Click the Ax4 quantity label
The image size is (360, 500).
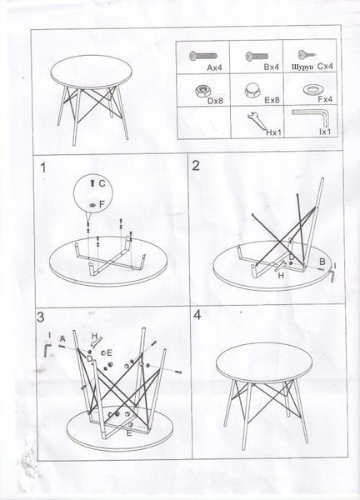(x=214, y=67)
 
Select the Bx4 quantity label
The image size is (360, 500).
(x=272, y=67)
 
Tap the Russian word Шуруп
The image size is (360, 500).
(x=302, y=67)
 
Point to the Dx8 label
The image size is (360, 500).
(x=215, y=101)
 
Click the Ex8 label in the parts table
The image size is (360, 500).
(x=272, y=100)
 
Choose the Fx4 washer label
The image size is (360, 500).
(x=325, y=99)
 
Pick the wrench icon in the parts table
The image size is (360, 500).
(x=257, y=121)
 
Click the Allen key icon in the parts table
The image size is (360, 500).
(x=309, y=117)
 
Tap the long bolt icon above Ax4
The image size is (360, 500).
(x=202, y=56)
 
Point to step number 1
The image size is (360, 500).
(x=43, y=167)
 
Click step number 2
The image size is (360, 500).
(x=196, y=166)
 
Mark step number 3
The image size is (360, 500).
(x=41, y=317)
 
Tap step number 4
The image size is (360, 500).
(x=197, y=315)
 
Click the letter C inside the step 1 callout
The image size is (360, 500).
(x=102, y=183)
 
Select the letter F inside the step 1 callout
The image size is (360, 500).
(x=102, y=204)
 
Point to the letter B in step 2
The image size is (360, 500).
(x=322, y=262)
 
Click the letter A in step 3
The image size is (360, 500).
(x=62, y=338)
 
